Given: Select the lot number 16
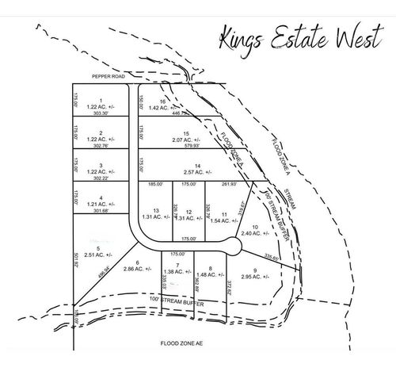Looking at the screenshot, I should click(162, 102).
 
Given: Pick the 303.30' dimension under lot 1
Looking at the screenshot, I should click(101, 113).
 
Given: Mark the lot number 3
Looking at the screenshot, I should click(101, 165).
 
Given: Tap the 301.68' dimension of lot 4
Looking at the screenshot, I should click(101, 210).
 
